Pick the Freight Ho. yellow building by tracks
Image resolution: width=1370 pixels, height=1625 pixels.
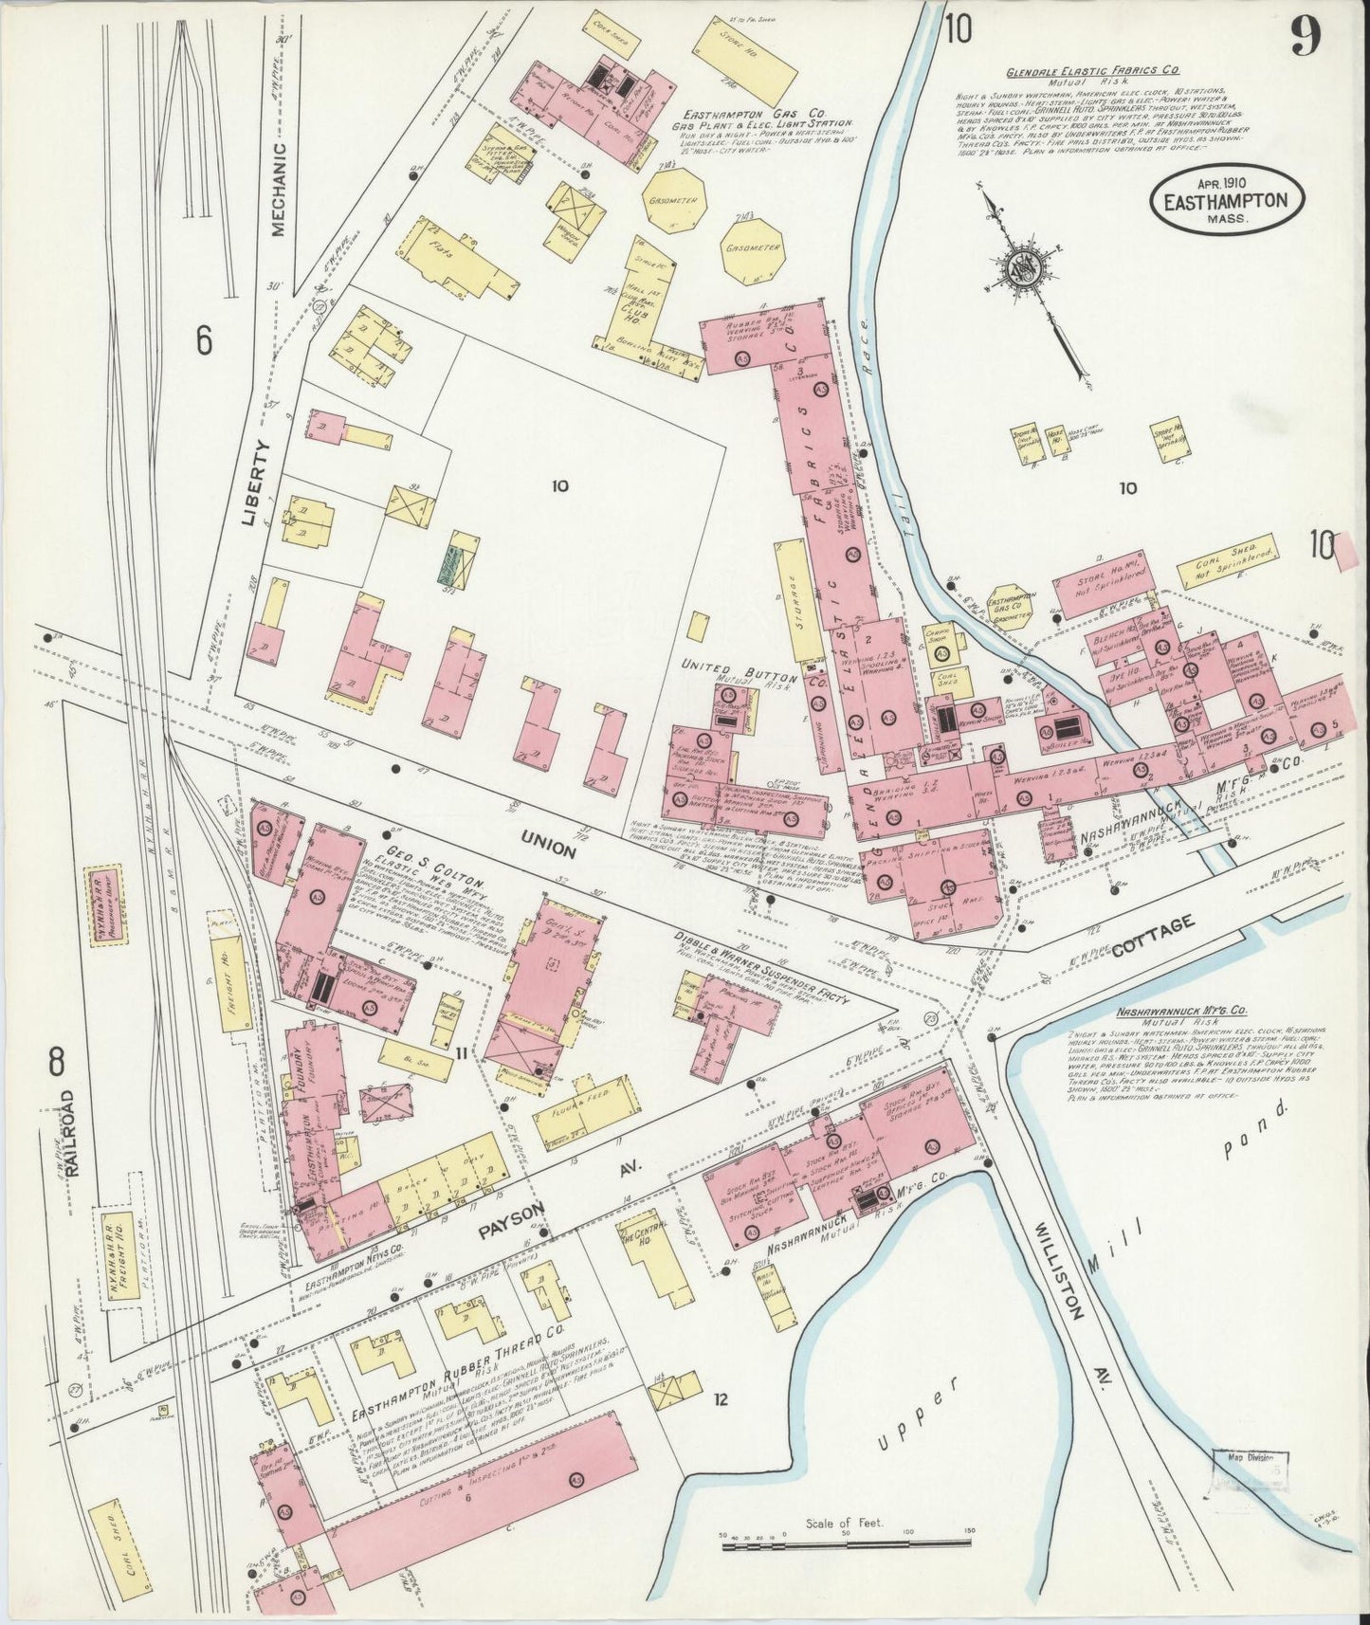(x=230, y=985)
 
